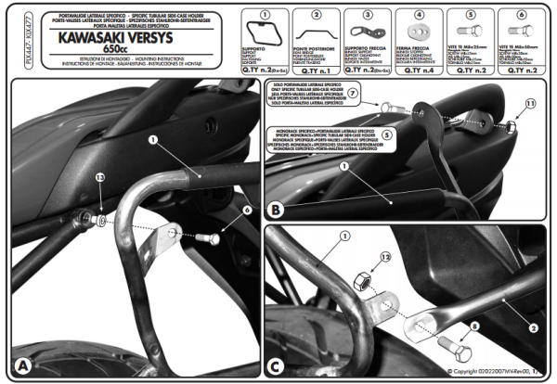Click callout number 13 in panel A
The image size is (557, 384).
coord(99,177)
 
